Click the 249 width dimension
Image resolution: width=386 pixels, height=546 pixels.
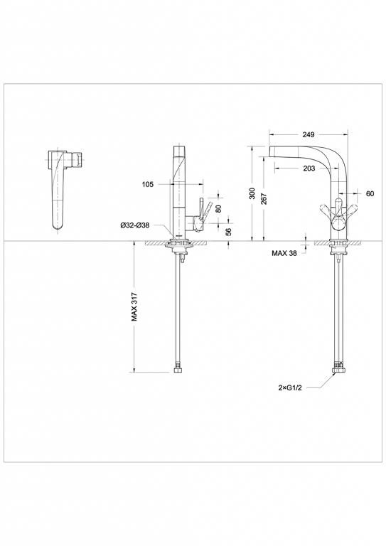coord(309,134)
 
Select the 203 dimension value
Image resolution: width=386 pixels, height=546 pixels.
coord(309,168)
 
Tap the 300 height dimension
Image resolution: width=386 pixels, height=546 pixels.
coord(252,193)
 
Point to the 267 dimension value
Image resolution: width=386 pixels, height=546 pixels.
coord(264,199)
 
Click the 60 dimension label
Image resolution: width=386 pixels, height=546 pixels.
coord(370,193)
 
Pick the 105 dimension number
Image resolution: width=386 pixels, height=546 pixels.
coord(148,184)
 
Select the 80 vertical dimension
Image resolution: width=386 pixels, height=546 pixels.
coord(218,208)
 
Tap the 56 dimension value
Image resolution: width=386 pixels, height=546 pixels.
coord(229,232)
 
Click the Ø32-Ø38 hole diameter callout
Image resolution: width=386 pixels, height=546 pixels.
coord(135,225)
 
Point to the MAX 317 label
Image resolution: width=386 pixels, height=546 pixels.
coord(134,307)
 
